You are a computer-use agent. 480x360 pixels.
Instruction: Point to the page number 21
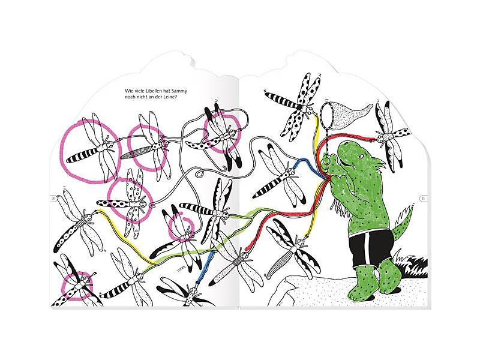click(x=423, y=199)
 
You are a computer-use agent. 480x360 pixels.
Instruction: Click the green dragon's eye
click(x=362, y=157)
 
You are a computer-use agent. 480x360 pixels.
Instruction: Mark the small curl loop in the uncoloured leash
click(x=199, y=175)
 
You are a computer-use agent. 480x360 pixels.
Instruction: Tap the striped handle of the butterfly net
click(x=328, y=142)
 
